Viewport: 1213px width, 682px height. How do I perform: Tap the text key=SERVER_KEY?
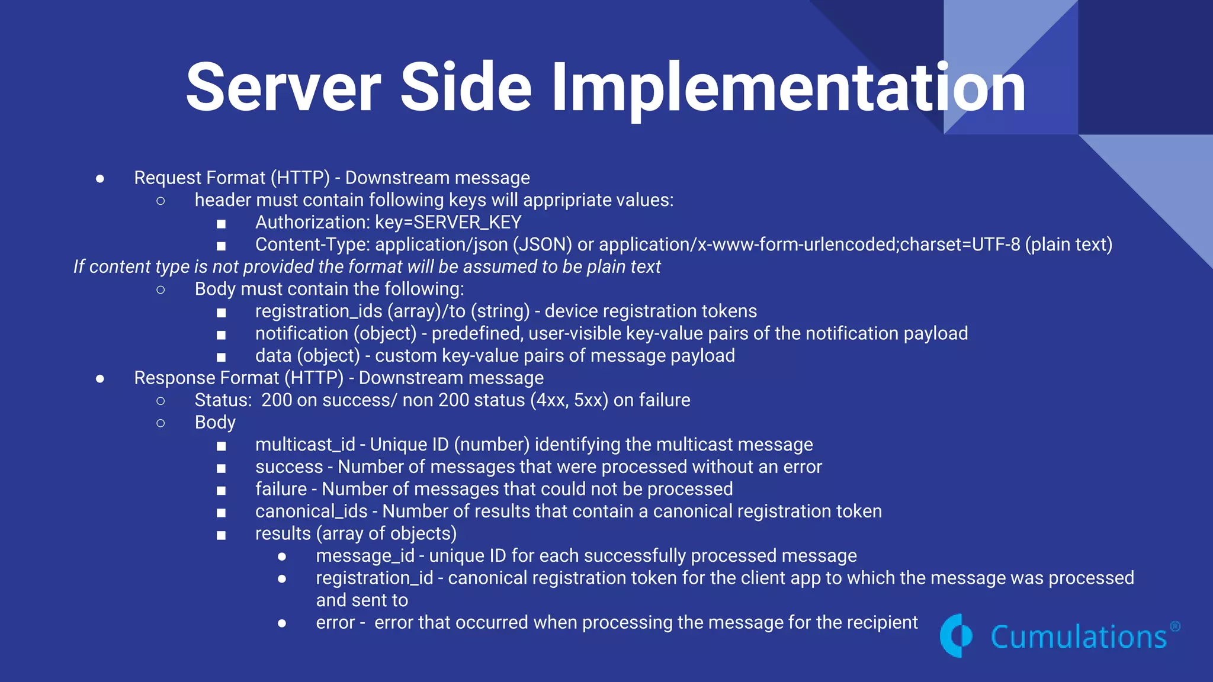tap(448, 223)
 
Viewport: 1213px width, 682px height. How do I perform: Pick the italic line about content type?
tap(367, 267)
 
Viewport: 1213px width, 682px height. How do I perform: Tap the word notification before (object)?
tap(301, 333)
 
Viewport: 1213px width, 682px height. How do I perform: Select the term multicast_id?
tap(305, 445)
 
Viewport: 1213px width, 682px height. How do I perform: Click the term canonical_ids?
tap(312, 511)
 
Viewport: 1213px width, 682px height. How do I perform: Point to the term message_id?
tap(365, 556)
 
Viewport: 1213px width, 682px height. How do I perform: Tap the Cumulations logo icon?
tap(956, 636)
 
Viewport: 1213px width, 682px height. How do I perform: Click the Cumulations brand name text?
tap(1079, 637)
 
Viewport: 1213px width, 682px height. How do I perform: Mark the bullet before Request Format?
tap(100, 178)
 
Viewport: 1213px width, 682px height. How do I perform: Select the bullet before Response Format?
tap(100, 378)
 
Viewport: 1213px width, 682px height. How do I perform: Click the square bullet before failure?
tap(221, 490)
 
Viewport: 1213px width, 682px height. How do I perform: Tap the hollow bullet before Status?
tap(161, 401)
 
